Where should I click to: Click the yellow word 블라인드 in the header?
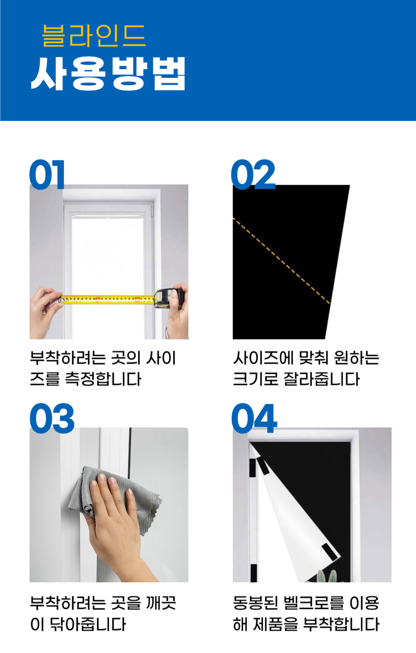coord(93,36)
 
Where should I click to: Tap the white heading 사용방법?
coord(108,74)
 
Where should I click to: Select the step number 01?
coord(46,174)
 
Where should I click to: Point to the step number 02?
coord(253,174)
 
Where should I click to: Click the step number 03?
coord(52,418)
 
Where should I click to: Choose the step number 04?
coord(254,418)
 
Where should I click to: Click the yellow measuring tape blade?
coord(108,299)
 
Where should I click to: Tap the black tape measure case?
coord(169,298)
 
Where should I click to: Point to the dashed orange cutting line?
coord(282,261)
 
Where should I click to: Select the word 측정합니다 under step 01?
coord(103,379)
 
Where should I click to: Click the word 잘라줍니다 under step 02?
coord(322,379)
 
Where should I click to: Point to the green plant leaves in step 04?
coord(327,576)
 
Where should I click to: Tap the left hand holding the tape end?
coord(45,312)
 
